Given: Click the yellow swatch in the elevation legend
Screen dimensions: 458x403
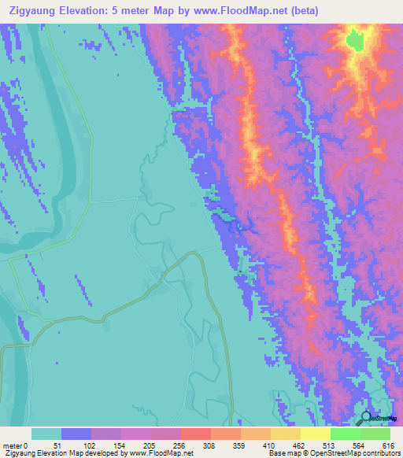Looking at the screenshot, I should [x=315, y=434].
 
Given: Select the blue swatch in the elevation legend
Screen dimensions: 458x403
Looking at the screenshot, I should [x=76, y=434].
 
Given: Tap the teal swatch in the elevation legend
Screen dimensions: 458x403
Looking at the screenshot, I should [x=46, y=434].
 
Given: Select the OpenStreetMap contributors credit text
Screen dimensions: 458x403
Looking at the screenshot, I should [x=354, y=453].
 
